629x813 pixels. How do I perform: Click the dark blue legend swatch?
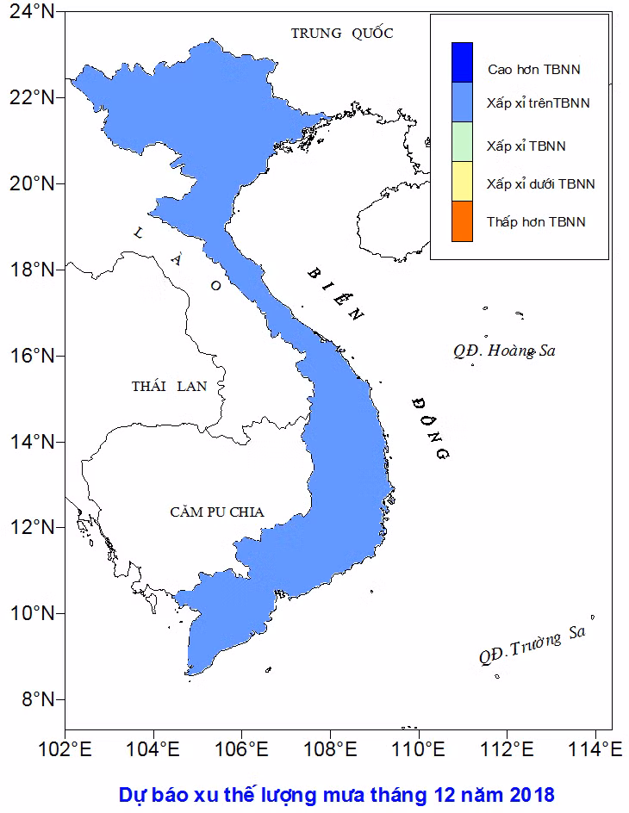(462, 62)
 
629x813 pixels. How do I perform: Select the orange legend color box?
(462, 220)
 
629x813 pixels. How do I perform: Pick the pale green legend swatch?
(462, 141)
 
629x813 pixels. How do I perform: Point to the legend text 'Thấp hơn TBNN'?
(536, 221)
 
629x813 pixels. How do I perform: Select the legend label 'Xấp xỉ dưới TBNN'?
(540, 183)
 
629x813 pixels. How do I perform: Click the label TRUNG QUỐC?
(342, 34)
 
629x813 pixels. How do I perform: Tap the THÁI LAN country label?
(169, 386)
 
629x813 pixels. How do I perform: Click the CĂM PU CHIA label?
(217, 512)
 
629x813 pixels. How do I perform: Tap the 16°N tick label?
(29, 356)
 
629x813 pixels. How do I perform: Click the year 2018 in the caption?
(532, 793)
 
